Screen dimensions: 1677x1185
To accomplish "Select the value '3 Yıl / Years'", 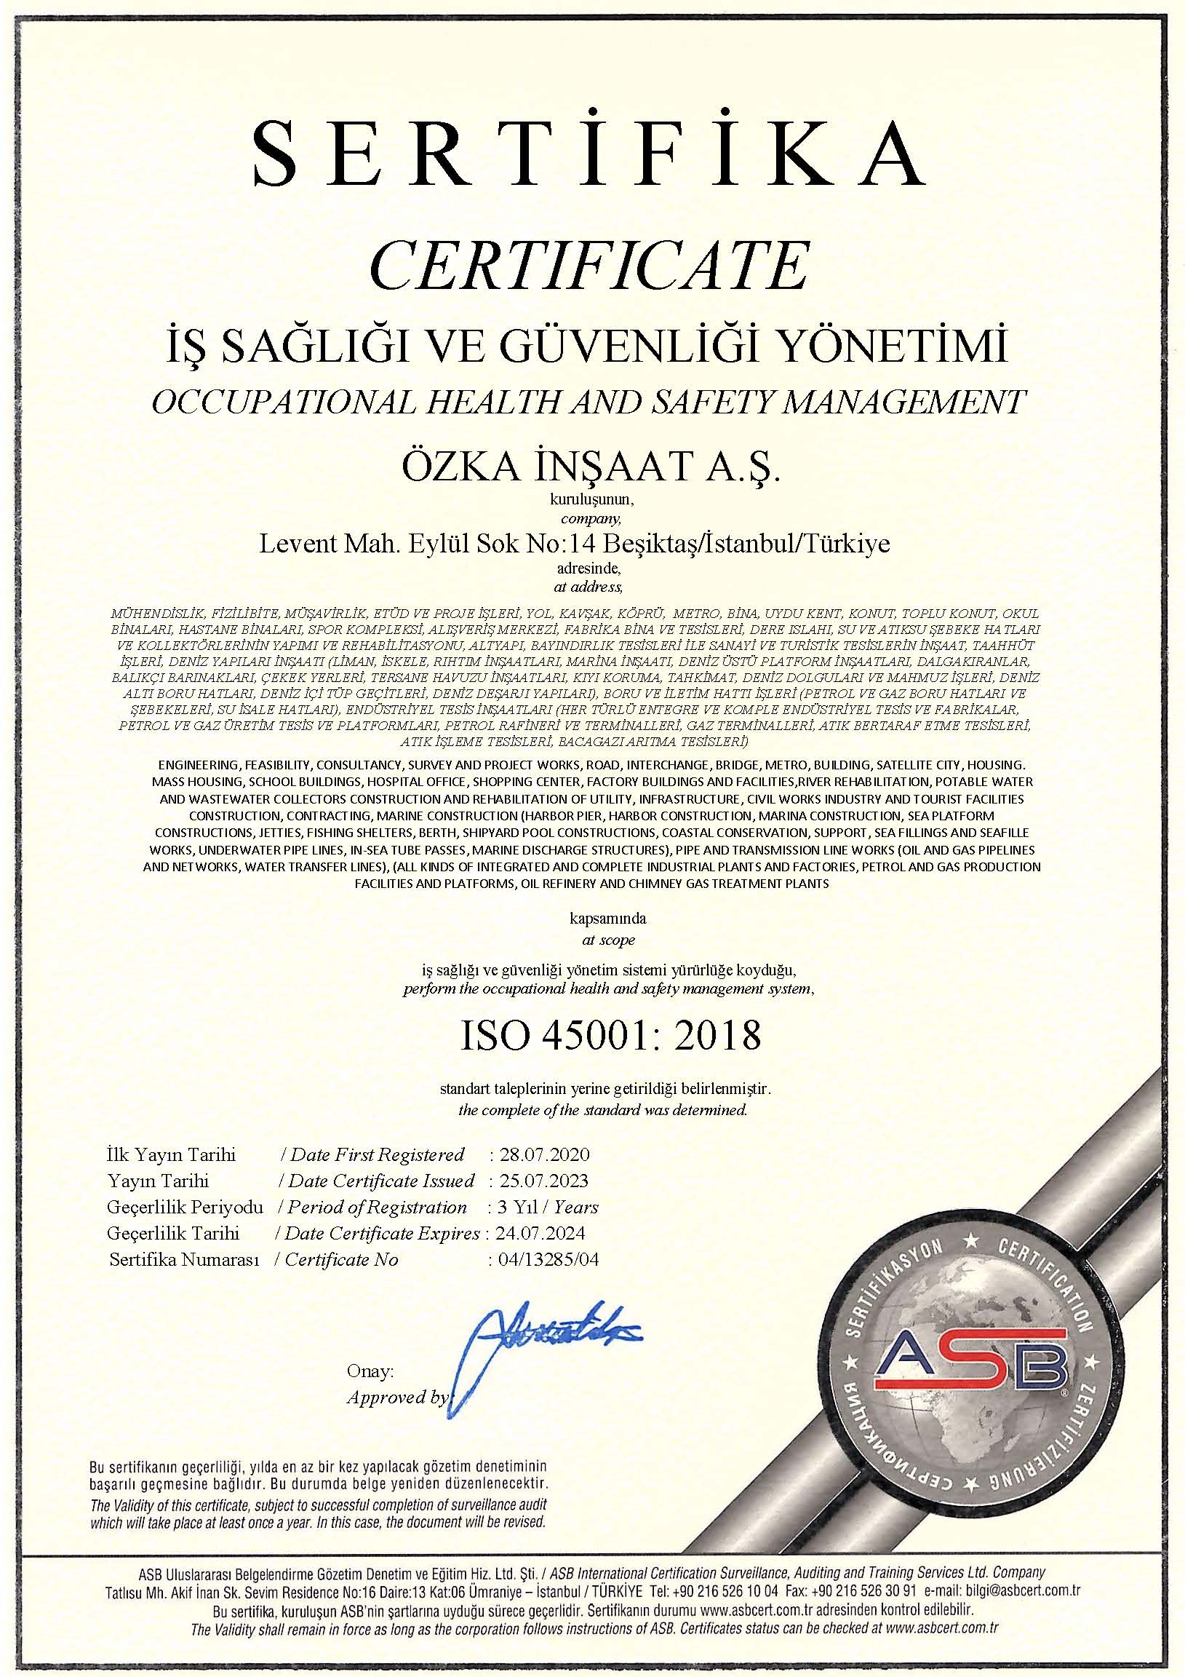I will coord(543,1207).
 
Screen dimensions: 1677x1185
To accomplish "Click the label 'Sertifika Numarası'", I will coord(185,1259).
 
